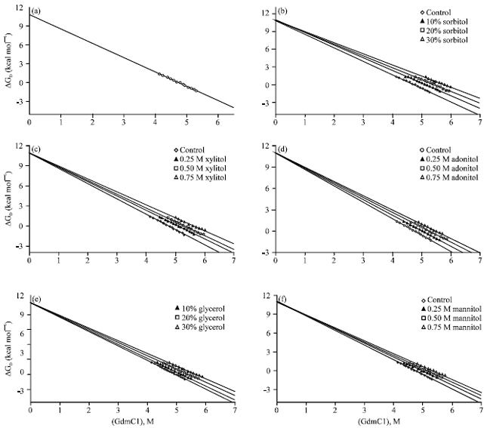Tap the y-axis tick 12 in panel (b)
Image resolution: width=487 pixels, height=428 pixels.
[264, 13]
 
